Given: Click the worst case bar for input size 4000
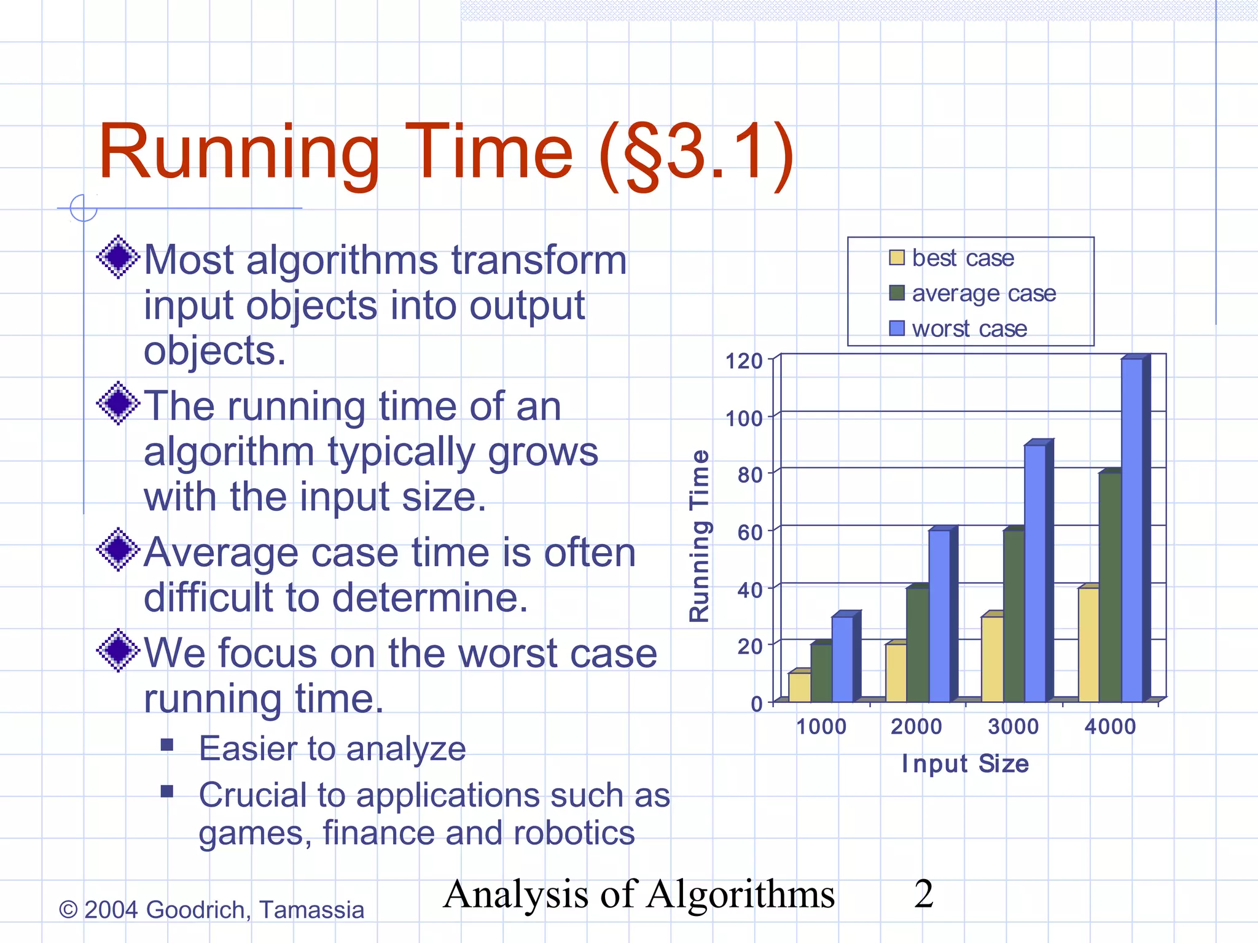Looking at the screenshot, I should point(1132,531).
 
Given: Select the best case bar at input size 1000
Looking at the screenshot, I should point(799,687).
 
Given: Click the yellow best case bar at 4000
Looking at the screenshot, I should point(1088,645).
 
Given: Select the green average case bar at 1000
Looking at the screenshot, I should point(821,673).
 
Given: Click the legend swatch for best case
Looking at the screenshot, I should point(897,258).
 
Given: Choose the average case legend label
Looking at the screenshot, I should point(983,293).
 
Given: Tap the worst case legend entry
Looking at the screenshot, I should point(969,329).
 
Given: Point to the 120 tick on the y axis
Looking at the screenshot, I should point(744,361).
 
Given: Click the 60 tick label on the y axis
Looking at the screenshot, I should point(749,532).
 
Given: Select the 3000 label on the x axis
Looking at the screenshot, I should point(1013,727).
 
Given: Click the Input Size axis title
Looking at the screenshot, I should point(965,764).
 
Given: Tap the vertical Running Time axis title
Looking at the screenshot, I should point(700,535).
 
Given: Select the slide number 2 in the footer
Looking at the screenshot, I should point(923,894).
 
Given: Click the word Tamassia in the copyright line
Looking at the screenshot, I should point(311,910).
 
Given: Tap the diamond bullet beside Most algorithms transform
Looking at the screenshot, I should point(119,257).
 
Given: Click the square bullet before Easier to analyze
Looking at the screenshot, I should point(166,745).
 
